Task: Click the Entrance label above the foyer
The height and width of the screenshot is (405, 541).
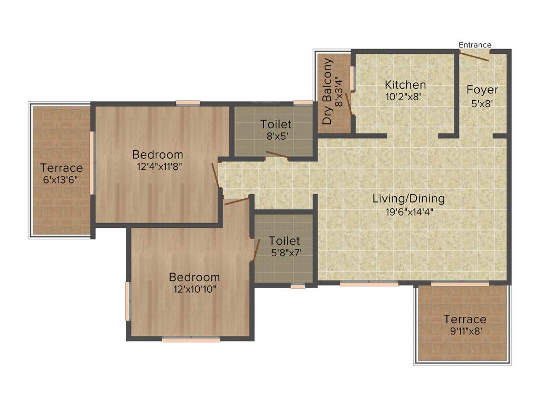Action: tap(474, 45)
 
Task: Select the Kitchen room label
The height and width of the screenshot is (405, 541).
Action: tap(405, 84)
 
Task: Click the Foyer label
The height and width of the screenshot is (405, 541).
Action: tap(482, 90)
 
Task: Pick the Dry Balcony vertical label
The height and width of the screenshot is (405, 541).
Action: tap(328, 91)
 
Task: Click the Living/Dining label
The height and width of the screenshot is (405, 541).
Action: tap(408, 199)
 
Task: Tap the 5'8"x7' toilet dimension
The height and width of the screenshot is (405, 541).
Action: tap(286, 253)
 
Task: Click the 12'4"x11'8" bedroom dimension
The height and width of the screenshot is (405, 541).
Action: tap(157, 168)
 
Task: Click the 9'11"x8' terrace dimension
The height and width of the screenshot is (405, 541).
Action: tap(465, 332)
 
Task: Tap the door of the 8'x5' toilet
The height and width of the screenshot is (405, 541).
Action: tap(277, 155)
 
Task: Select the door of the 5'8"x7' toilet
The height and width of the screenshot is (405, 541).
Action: tap(256, 249)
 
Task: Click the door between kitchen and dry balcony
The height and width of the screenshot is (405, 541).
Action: tap(349, 100)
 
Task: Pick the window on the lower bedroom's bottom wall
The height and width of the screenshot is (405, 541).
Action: tap(191, 340)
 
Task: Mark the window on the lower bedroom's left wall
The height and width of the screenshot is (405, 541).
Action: tap(127, 301)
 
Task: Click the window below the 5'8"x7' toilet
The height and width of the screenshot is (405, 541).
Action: tap(298, 286)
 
